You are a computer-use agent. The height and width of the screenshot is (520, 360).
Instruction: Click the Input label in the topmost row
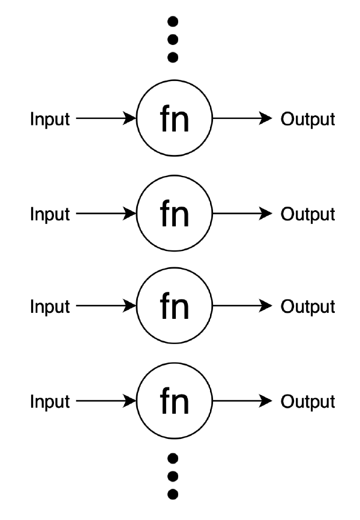click(x=50, y=119)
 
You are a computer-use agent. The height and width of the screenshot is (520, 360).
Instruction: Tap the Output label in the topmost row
click(x=308, y=119)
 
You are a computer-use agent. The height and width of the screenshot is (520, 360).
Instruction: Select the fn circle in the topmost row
click(x=175, y=119)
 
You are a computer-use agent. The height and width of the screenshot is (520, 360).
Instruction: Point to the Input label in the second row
click(x=50, y=214)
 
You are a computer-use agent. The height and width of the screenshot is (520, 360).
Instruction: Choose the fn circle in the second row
click(x=175, y=214)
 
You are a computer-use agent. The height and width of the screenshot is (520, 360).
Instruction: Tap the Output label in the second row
click(x=308, y=214)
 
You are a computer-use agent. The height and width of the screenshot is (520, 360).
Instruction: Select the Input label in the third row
click(x=50, y=307)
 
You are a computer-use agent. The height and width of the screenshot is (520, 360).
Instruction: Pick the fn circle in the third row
click(x=175, y=307)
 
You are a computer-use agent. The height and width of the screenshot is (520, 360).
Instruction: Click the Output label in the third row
click(x=308, y=307)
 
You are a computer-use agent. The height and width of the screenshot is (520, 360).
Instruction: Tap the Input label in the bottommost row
click(x=50, y=401)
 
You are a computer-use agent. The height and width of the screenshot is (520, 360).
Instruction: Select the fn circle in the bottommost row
click(x=175, y=401)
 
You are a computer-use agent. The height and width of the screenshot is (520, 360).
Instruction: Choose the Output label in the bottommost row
click(x=308, y=401)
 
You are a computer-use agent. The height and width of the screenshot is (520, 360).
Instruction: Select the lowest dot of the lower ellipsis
click(x=174, y=494)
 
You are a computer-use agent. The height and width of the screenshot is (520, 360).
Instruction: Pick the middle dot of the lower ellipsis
click(x=174, y=476)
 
